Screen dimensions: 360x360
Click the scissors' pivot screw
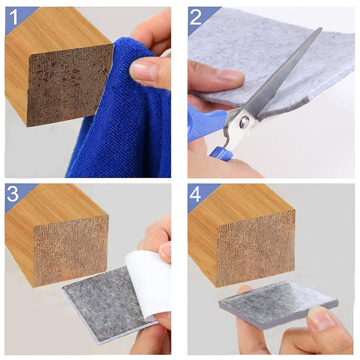click(244, 122)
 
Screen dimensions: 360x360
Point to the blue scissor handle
click(205, 124)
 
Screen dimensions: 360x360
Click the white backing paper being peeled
click(148, 279)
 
